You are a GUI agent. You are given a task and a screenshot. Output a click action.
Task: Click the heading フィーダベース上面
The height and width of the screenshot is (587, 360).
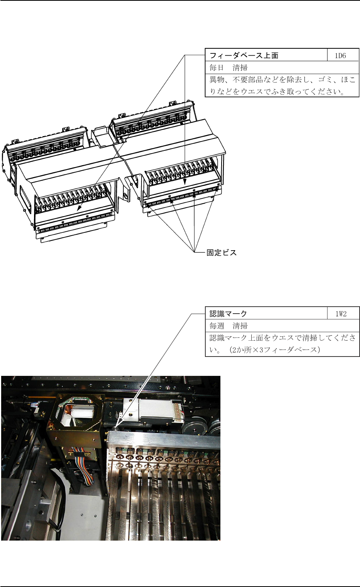244,56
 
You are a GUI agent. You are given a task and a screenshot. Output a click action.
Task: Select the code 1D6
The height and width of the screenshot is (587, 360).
340,56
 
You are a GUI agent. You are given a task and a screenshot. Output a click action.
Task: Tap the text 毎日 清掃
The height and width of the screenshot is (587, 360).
229,68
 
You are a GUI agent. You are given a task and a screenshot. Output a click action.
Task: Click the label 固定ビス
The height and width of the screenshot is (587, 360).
222,253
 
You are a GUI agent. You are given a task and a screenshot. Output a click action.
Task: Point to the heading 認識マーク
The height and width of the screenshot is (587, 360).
228,314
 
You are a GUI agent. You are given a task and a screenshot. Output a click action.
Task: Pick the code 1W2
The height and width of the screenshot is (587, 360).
341,314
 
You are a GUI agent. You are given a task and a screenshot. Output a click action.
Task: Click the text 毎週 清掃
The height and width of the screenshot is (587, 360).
229,326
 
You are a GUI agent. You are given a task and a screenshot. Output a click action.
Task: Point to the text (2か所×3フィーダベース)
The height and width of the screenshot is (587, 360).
274,350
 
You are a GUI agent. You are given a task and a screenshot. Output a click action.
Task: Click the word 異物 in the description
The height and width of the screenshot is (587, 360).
217,80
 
